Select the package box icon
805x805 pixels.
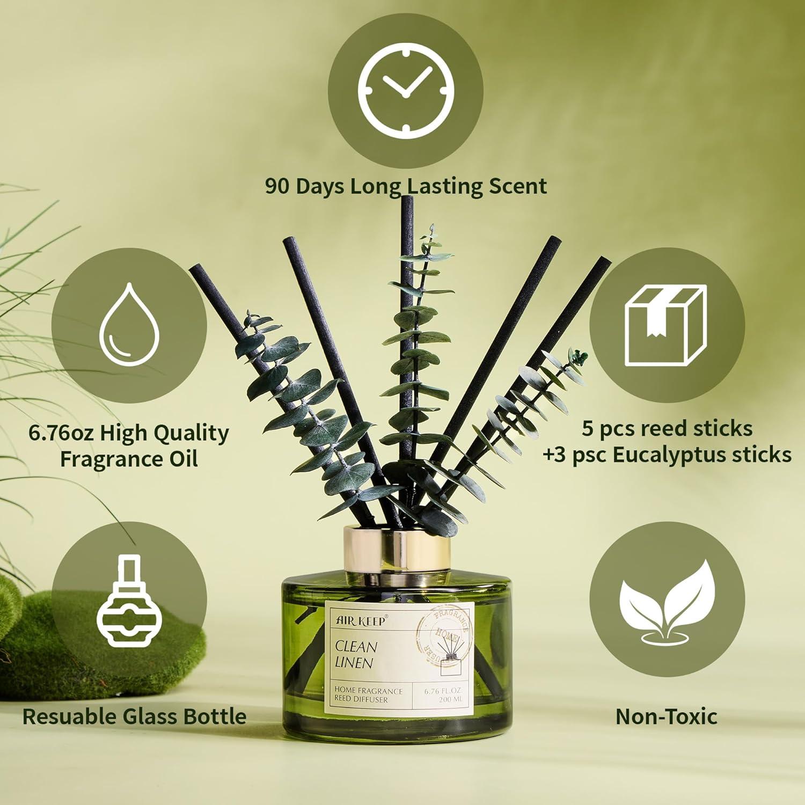click(x=665, y=326)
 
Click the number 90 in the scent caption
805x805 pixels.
click(x=277, y=186)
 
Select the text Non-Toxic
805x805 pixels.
click(x=666, y=716)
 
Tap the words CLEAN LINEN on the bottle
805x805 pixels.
click(x=356, y=654)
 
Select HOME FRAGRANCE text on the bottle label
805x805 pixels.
click(x=368, y=691)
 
